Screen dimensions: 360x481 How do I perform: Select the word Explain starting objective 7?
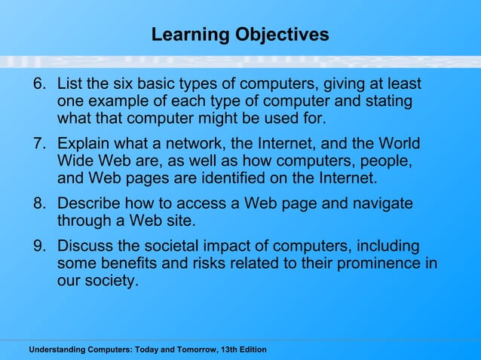tap(85, 144)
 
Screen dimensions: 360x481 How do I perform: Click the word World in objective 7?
tap(399, 144)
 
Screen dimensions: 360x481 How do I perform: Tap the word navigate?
tap(383, 204)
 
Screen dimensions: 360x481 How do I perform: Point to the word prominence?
tap(372, 264)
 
